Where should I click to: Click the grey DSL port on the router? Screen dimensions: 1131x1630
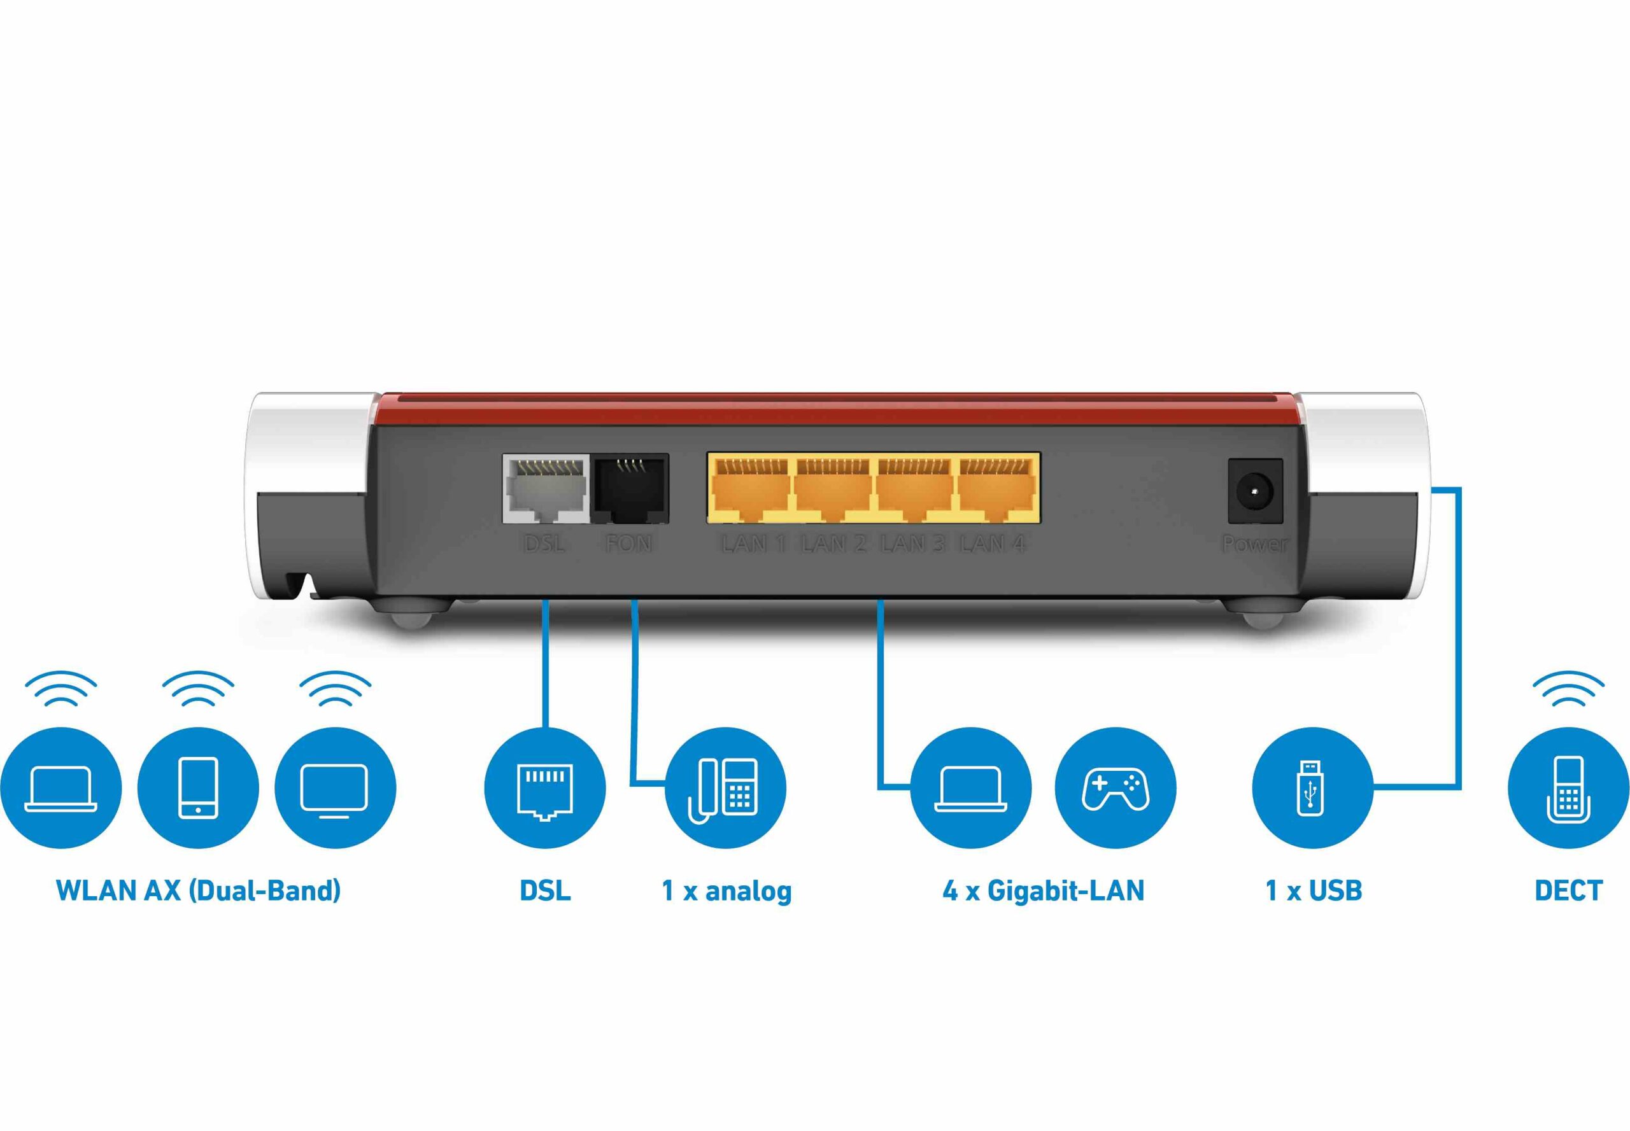coord(545,489)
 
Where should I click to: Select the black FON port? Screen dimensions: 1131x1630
coord(631,489)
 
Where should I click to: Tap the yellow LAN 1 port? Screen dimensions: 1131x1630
coord(751,489)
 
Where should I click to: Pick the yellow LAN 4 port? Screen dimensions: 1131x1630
coord(996,489)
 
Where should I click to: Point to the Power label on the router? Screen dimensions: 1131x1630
coord(1254,544)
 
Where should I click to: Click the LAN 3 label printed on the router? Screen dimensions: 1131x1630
coord(913,544)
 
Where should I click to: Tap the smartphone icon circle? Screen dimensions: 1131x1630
coord(198,787)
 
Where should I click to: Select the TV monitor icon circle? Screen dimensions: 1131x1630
coord(335,787)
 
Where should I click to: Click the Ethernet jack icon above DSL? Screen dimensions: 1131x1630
coord(544,787)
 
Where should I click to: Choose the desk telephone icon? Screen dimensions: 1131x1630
coord(725,787)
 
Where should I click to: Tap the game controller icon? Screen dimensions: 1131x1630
coord(1116,787)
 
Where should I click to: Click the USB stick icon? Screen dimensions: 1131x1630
coord(1312,787)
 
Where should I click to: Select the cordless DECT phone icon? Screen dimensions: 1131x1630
coord(1568,787)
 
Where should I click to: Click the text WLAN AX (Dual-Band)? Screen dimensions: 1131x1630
coord(198,891)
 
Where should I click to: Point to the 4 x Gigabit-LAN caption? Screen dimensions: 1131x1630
coord(1043,891)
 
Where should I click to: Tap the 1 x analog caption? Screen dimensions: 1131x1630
coord(726,891)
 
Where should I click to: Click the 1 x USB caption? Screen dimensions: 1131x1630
coord(1313,891)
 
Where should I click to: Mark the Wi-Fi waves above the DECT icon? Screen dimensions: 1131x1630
coord(1568,689)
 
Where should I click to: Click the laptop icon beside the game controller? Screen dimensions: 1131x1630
coord(970,787)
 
